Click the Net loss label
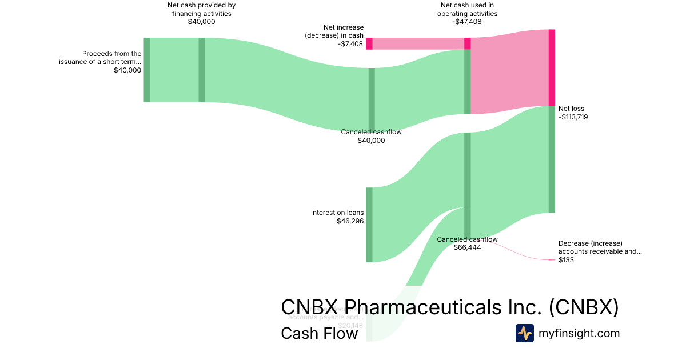point(571,109)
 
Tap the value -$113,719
point(573,117)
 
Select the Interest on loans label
point(337,213)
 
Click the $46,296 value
point(350,221)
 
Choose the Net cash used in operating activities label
point(467,9)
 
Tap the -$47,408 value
point(467,22)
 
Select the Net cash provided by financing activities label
point(201,9)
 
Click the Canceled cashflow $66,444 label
point(467,239)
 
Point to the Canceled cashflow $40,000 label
point(371,132)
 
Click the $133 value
point(566,260)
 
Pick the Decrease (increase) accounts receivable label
point(600,247)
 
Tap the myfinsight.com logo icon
point(524,333)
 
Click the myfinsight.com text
point(579,333)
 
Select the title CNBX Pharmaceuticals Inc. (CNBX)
point(449,307)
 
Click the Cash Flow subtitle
point(319,333)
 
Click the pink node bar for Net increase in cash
point(369,43)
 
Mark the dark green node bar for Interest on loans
point(369,225)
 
